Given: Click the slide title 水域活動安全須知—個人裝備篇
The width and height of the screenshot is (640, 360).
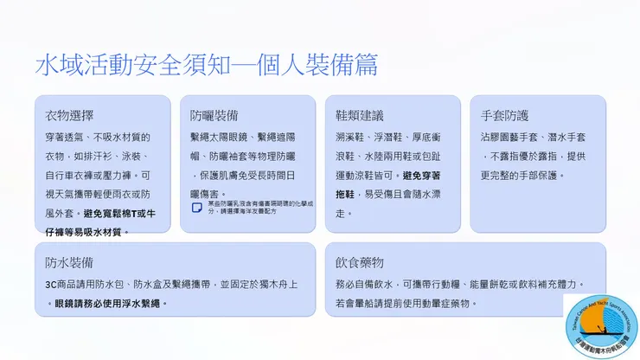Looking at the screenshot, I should coord(206,65).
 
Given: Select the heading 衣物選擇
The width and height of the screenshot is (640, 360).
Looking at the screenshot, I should coord(69,115).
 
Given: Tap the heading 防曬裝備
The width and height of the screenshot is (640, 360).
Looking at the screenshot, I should coord(214,115).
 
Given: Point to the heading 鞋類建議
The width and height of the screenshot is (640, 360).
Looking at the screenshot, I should coord(360,115).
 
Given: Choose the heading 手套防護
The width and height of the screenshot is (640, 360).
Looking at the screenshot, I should coord(505,115).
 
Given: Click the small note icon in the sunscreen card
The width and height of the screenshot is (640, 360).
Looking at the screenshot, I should coord(196,208).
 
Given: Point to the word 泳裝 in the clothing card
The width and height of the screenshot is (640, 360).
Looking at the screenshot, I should coord(139,157).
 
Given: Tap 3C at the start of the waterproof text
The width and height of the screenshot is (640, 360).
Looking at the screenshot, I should coord(51,285).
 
